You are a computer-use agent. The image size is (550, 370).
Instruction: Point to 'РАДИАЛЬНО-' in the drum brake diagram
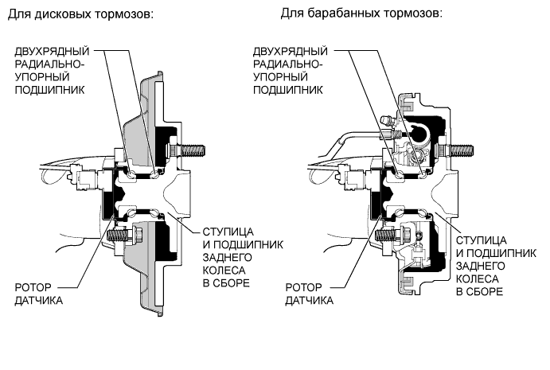(289, 64)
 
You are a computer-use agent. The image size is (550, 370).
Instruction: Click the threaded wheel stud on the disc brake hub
(193, 147)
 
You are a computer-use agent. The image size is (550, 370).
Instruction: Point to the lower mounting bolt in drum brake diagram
(389, 236)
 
